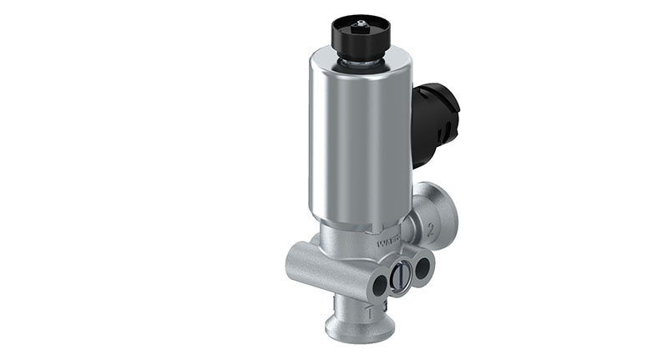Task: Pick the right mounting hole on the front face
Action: point(423,268)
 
